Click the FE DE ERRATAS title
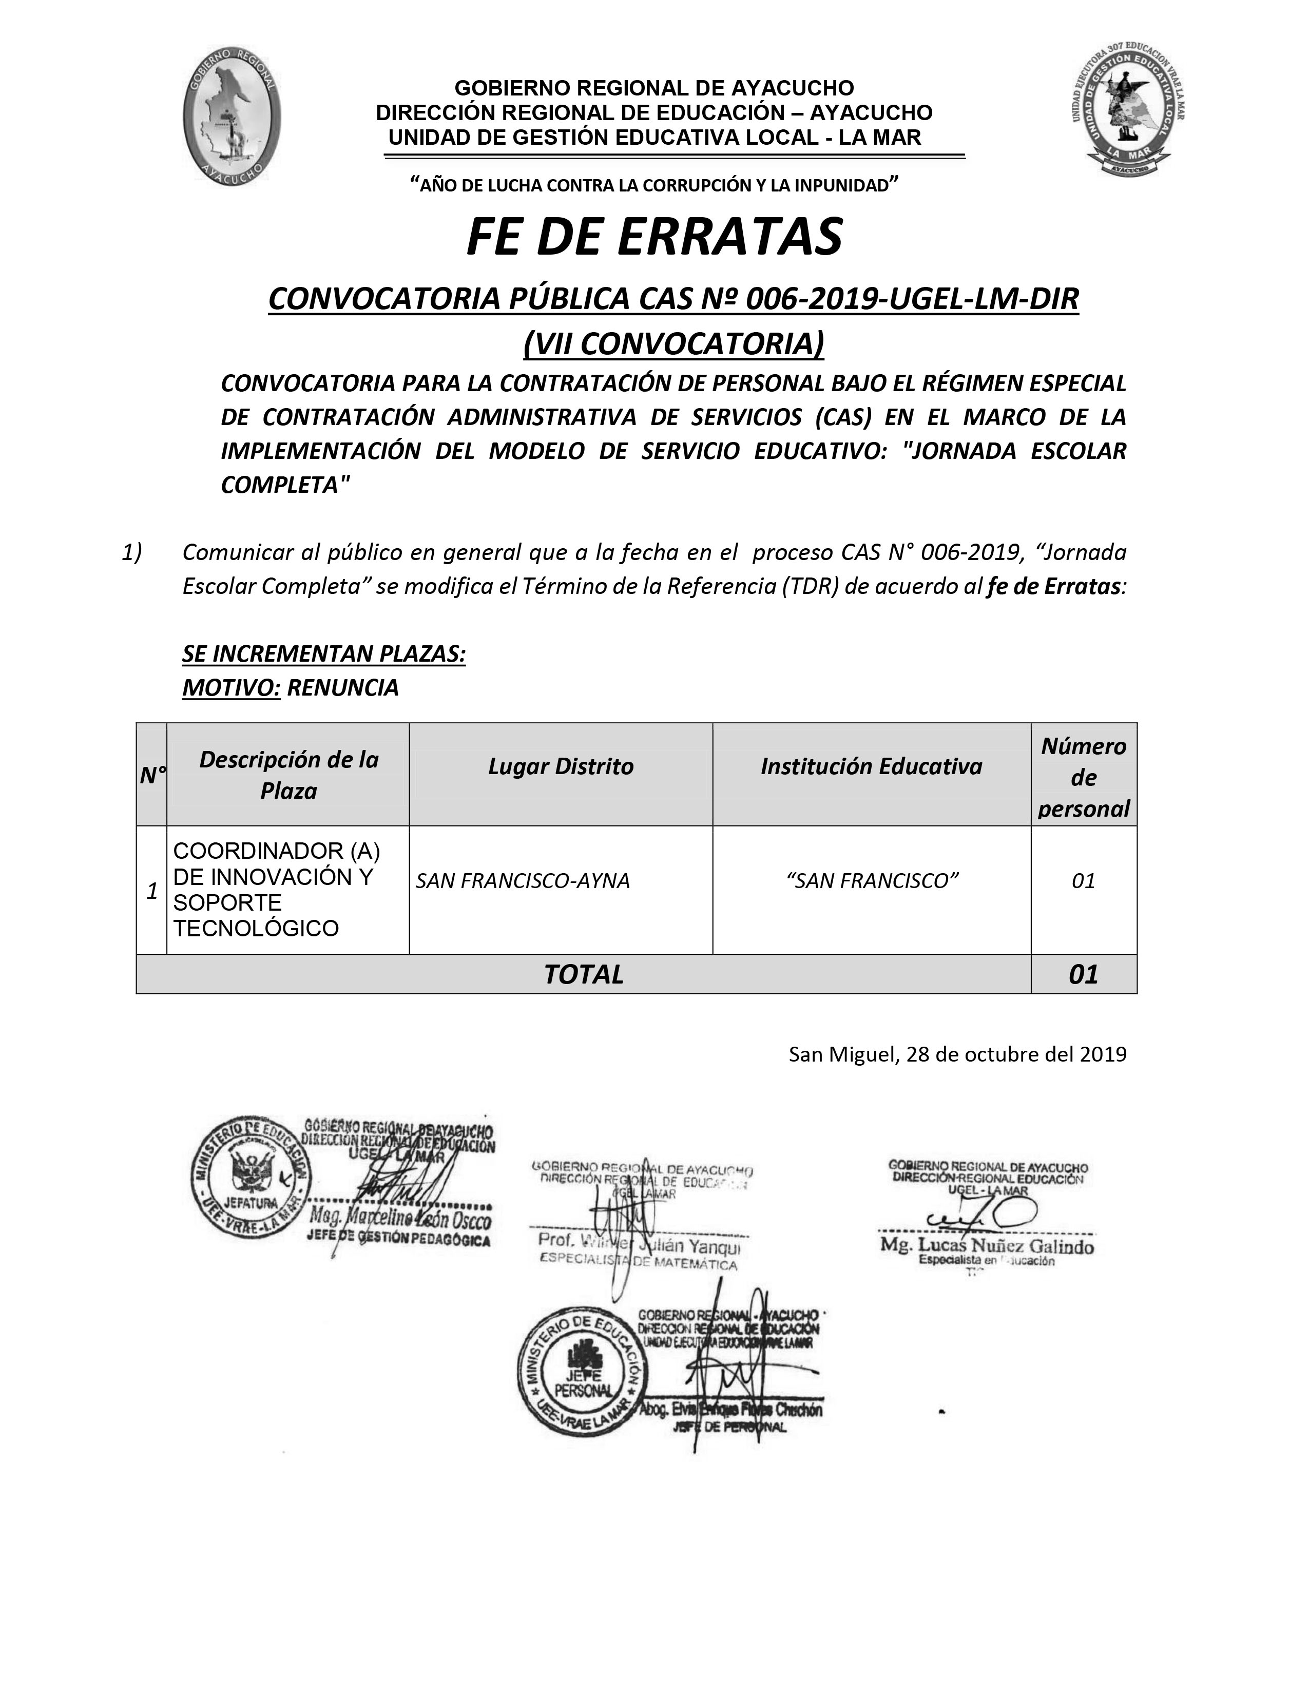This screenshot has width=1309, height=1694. point(653,237)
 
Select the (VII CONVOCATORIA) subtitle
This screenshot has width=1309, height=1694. point(673,343)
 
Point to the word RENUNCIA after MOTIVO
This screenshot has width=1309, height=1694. point(343,687)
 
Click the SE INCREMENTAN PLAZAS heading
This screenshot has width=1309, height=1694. point(323,654)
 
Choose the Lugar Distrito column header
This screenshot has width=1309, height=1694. point(561,766)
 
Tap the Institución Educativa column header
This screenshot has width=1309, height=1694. point(871,766)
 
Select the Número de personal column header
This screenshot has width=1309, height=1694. point(1083,777)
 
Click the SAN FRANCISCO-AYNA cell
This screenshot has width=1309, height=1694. point(523,881)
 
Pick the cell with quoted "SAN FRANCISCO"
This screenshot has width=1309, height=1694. point(872,881)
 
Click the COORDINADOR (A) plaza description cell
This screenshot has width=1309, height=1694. point(277,889)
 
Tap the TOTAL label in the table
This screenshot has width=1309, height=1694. point(583,974)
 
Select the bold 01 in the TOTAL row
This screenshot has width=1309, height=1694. point(1083,974)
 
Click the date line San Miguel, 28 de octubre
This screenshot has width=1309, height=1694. point(957,1054)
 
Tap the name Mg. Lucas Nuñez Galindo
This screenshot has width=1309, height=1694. point(987,1246)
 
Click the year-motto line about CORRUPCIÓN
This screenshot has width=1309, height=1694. point(653,185)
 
